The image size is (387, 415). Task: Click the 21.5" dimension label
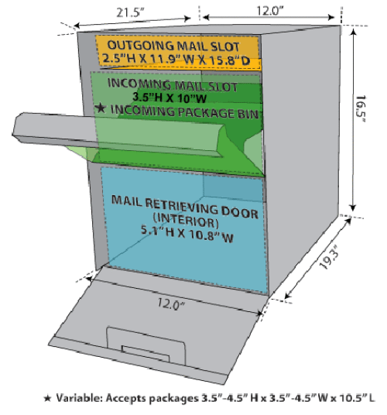pos(130,12)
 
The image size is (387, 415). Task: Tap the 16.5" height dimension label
pos(361,108)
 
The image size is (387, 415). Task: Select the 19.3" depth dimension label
pos(329,257)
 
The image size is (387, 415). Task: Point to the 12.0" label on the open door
pos(171,304)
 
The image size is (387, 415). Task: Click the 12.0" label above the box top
pos(270,11)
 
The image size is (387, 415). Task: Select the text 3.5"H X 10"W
pos(170,98)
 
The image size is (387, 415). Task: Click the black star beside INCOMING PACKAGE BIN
pos(101,108)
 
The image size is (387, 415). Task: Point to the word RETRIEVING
pos(182,206)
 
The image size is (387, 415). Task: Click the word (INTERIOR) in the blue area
pos(186,220)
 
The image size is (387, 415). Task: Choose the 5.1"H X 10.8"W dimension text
pos(187,234)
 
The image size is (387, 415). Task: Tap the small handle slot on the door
pos(146,353)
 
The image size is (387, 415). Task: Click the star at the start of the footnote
pos(47,398)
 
